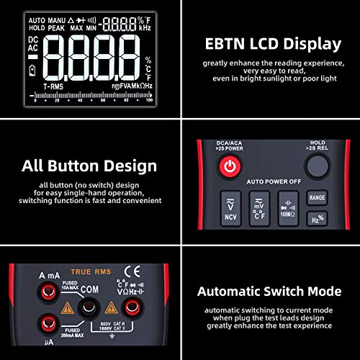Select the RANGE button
click(x=317, y=197)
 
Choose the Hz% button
click(x=316, y=219)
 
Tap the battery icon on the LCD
click(x=32, y=70)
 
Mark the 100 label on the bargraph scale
click(x=149, y=101)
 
